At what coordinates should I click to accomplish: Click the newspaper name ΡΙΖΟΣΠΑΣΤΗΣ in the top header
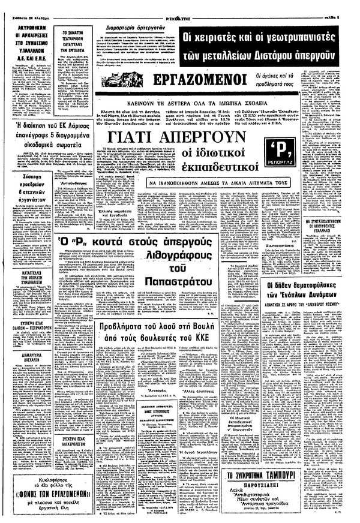179,6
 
